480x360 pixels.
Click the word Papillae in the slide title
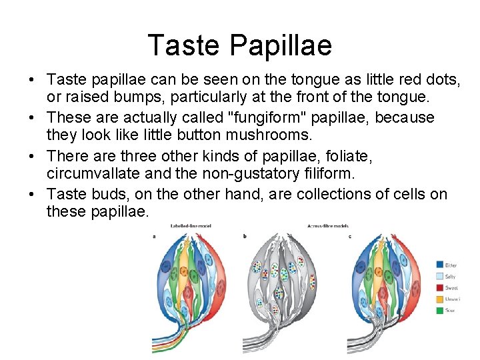click(x=281, y=45)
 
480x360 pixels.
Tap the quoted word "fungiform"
click(x=275, y=118)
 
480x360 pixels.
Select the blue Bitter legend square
click(x=440, y=264)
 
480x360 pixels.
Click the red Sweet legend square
click(x=440, y=287)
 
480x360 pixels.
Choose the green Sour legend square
click(x=440, y=310)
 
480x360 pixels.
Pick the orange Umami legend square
click(x=440, y=299)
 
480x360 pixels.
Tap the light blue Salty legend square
click(x=440, y=275)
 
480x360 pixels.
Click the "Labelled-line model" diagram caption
click(x=192, y=226)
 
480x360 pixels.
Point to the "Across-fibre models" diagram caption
click(x=328, y=226)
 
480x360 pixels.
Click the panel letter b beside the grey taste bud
click(x=246, y=235)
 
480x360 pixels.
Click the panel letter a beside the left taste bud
click(x=154, y=235)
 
